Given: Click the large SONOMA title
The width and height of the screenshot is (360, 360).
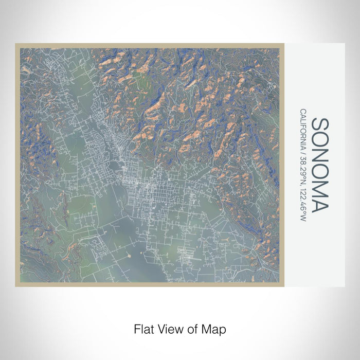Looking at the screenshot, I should (x=319, y=165).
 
